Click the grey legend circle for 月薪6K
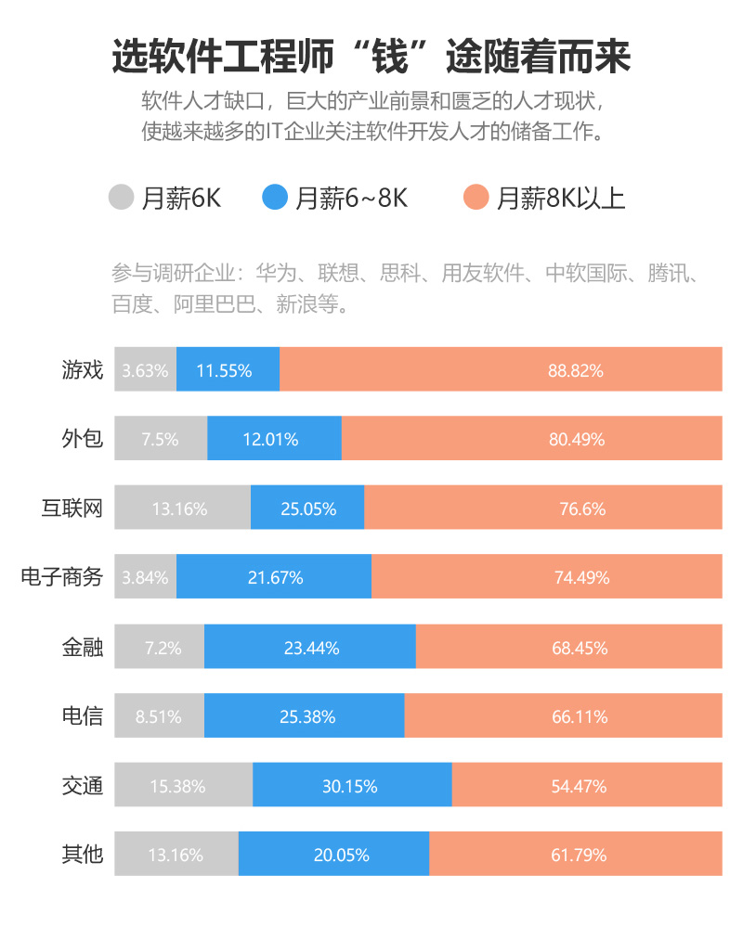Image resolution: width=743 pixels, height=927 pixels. coord(123,198)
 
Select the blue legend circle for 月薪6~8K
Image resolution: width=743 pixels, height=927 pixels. coord(277,198)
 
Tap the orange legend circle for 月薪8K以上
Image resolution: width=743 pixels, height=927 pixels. coord(476,198)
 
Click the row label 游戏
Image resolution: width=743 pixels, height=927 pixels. coord(82,370)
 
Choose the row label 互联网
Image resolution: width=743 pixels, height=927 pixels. coord(72,509)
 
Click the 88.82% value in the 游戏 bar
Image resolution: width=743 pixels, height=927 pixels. coord(576,370)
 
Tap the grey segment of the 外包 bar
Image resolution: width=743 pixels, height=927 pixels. coord(160,439)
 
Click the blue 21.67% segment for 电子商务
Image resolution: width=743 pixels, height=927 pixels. coord(275,577)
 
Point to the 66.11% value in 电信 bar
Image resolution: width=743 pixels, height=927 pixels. coord(580,716)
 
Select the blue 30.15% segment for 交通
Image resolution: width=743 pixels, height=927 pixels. coord(350,786)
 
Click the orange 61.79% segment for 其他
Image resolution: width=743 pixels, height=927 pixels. coord(579,855)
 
